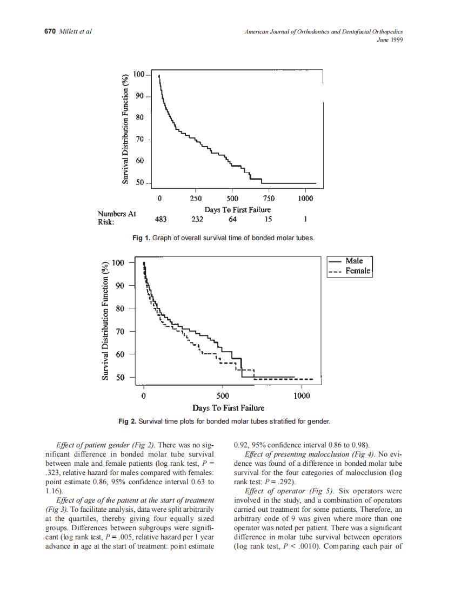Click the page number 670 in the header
point(50,31)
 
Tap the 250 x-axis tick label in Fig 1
point(196,199)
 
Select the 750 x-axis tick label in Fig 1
point(269,199)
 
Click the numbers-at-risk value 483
point(161,219)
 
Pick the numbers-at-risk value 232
point(197,219)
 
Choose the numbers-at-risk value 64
point(233,219)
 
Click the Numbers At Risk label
point(116,217)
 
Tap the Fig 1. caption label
point(142,237)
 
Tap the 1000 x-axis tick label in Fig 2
point(302,395)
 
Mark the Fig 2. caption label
point(128,420)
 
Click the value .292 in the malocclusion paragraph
point(284,481)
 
